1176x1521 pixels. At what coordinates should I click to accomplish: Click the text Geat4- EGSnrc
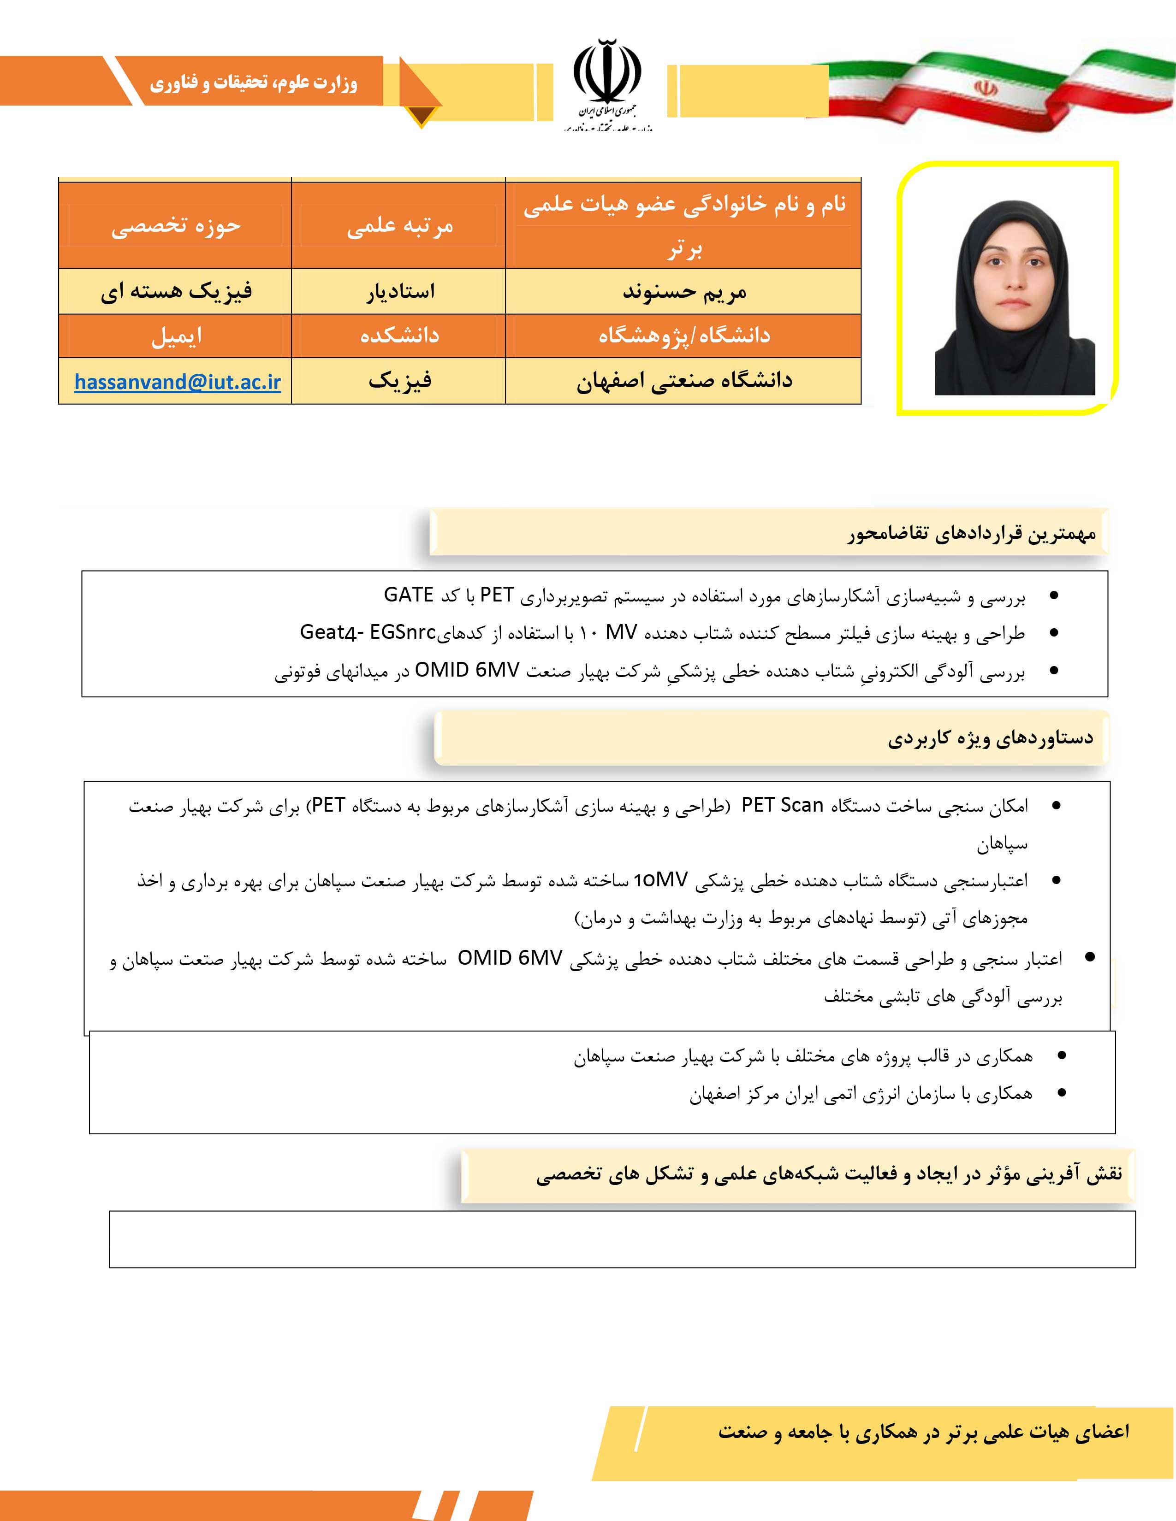click(367, 632)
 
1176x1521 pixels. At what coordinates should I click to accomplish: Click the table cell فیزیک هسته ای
click(176, 291)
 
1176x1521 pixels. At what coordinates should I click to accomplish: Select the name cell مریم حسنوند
click(684, 292)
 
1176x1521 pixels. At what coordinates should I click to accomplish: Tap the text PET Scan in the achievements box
click(782, 806)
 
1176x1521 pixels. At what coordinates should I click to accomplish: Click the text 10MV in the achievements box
click(660, 880)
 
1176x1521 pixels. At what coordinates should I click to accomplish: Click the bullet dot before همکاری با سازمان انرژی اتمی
click(1061, 1093)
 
